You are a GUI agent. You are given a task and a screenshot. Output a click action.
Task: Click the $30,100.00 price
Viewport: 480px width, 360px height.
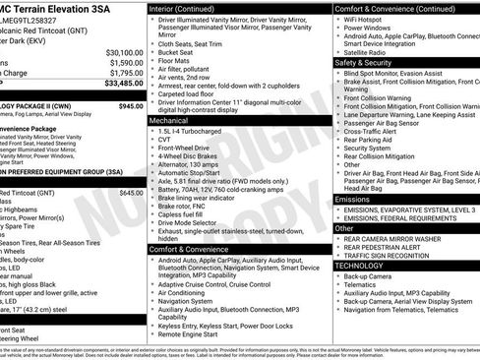tap(124, 52)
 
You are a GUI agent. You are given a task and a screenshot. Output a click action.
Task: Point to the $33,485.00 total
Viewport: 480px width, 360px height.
tap(122, 84)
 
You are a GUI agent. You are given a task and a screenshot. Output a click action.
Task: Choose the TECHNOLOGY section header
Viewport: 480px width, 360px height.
tap(359, 266)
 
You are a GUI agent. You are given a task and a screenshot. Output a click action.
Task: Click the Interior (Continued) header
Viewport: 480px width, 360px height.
tap(190, 8)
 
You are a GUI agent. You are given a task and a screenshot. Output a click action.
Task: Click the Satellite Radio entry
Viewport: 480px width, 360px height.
tap(368, 52)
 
